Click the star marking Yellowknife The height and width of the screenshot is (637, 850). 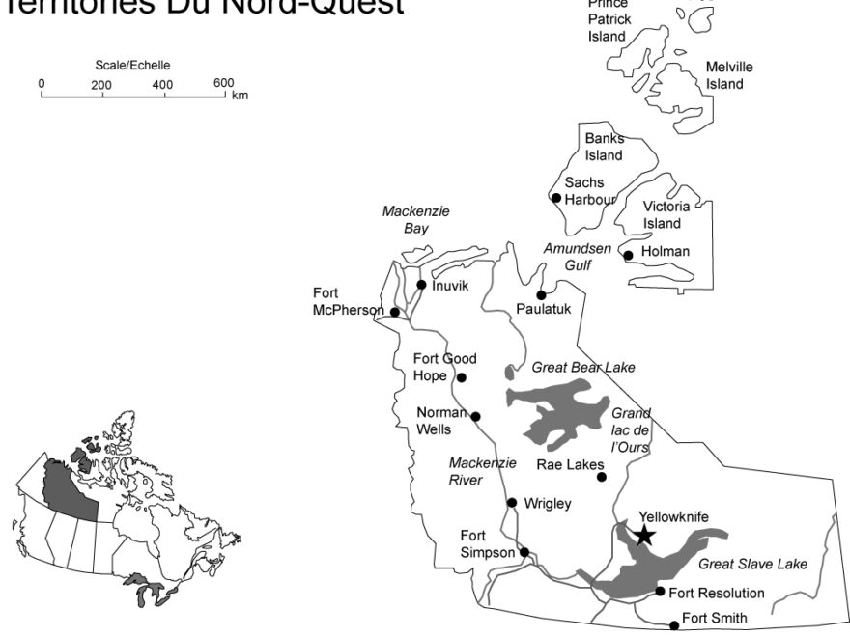[x=643, y=535]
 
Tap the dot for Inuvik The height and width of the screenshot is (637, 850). [x=421, y=285]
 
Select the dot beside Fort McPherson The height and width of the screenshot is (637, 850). [x=394, y=312]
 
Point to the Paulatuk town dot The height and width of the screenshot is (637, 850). [x=541, y=294]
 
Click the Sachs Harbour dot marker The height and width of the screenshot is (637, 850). [x=555, y=198]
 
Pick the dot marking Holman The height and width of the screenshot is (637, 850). [x=628, y=256]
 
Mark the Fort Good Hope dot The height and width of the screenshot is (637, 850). [x=461, y=377]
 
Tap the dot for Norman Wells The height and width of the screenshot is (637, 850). [x=475, y=417]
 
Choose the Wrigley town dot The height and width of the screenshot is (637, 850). [x=512, y=502]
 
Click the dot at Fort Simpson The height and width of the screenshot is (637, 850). [x=524, y=553]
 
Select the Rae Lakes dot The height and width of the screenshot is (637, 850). [x=601, y=477]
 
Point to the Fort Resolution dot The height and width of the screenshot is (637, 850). [x=660, y=592]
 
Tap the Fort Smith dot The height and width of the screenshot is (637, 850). [x=674, y=625]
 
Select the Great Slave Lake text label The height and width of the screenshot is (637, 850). [x=752, y=564]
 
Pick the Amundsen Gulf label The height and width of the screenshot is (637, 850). [x=577, y=256]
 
